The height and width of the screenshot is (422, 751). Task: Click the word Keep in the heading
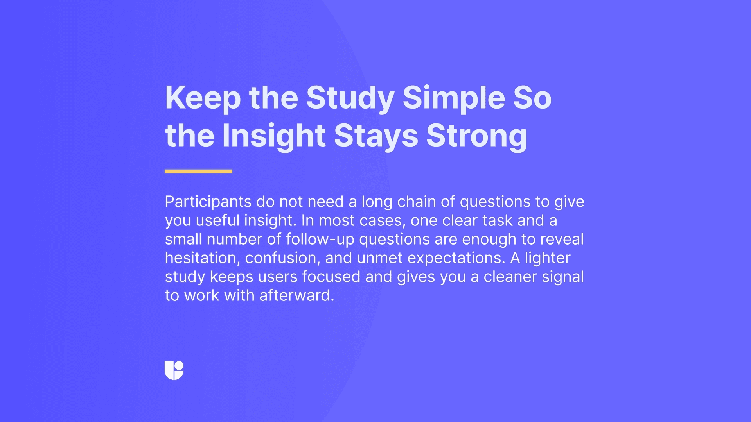(x=203, y=98)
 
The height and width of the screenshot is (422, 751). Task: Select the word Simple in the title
(x=453, y=98)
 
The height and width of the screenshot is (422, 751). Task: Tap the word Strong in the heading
(x=476, y=136)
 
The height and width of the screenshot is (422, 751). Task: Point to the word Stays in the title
(x=376, y=136)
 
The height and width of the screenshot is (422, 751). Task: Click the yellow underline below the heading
(x=198, y=171)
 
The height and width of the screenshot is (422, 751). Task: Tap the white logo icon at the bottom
(x=174, y=370)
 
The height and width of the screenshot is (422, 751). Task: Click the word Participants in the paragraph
(x=208, y=202)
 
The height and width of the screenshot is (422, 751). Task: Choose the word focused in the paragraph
(x=331, y=277)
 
